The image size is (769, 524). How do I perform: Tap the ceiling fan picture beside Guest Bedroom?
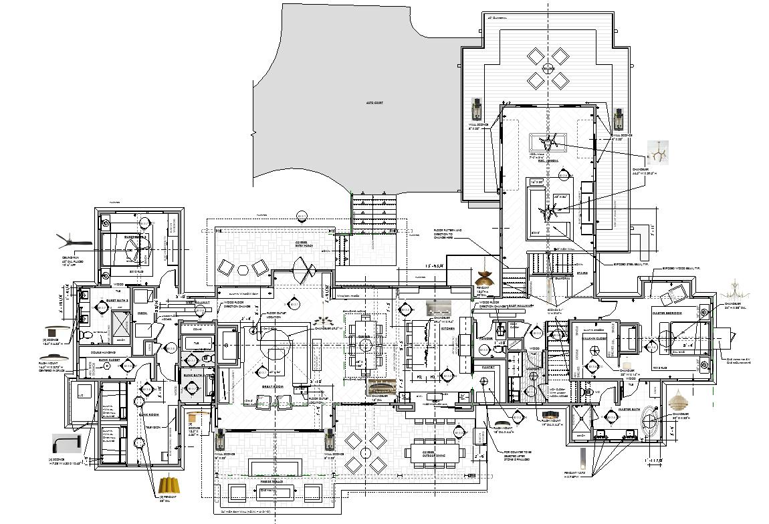pyautogui.click(x=72, y=239)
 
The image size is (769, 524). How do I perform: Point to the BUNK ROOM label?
pyautogui.click(x=148, y=414)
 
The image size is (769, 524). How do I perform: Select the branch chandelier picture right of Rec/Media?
pyautogui.click(x=658, y=153)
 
